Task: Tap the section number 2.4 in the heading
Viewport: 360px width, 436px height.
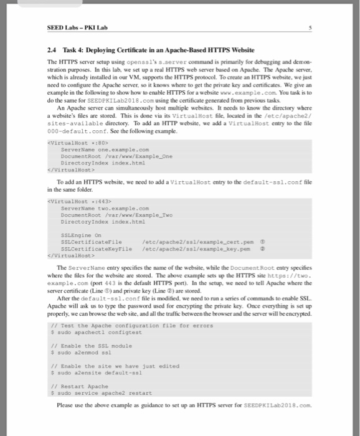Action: coord(53,50)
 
